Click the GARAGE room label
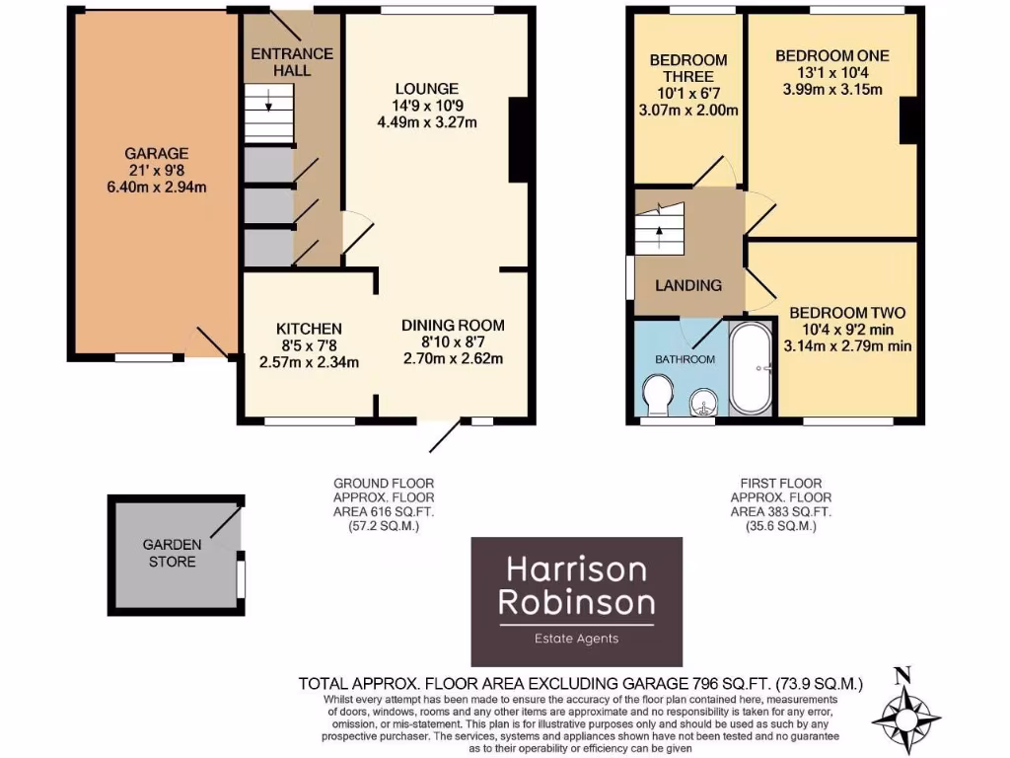pos(156,154)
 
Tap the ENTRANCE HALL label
pos(292,61)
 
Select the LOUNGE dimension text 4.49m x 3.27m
pos(427,123)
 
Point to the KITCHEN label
pos(309,329)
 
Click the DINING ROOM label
pos(453,325)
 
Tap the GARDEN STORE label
pos(172,553)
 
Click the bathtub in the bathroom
pos(753,368)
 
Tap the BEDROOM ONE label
pos(831,55)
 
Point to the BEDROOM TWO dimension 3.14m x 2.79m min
pos(847,345)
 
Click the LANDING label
pos(688,285)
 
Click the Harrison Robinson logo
pos(576,602)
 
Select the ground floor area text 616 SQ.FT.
pos(384,512)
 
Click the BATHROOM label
pos(685,359)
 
